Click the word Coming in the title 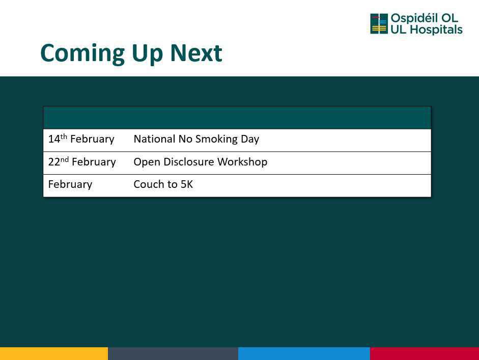coord(82,54)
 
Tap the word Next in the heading coord(196,53)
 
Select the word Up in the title coord(147,54)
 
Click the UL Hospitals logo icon coord(379,23)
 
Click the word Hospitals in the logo coord(436,30)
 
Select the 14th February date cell coord(81,139)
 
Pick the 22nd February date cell coord(82,161)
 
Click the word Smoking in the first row coord(216,140)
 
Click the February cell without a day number coord(70,185)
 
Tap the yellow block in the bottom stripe coord(54,353)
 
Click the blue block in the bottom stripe coord(304,353)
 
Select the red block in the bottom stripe coord(425,353)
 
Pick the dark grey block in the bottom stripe coord(173,353)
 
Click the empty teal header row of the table coord(237,118)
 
